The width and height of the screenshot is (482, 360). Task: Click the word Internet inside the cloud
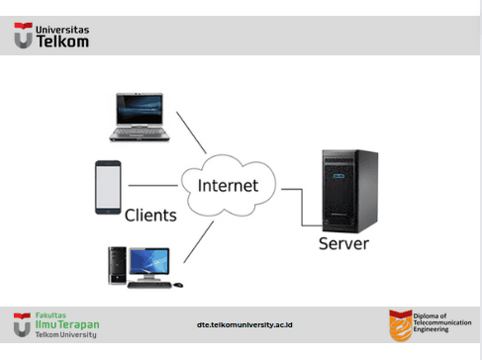point(228,186)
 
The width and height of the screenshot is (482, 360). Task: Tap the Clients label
point(150,216)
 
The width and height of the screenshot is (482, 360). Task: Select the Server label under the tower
point(343,243)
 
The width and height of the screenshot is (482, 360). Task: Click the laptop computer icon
point(140,118)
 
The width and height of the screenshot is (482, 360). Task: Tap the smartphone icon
point(108,187)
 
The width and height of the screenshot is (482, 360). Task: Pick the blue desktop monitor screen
point(149,261)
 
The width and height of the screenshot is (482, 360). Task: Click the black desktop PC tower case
point(117,265)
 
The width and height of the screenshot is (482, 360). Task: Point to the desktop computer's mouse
point(178,285)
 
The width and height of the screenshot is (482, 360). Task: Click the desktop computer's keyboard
point(149,285)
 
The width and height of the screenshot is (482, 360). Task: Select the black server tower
point(350,191)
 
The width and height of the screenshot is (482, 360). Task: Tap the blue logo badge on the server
point(338,176)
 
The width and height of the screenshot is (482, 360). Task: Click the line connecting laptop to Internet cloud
point(191,133)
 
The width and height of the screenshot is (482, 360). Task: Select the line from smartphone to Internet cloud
point(152,186)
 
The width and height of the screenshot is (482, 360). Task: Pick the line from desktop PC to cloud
point(199,242)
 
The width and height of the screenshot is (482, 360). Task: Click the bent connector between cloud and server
point(302,208)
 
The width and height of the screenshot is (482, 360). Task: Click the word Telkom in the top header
point(62,42)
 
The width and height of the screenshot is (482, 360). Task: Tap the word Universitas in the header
point(62,30)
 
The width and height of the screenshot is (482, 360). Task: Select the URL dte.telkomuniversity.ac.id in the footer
point(244,325)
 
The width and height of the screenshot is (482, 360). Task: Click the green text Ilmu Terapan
point(67,324)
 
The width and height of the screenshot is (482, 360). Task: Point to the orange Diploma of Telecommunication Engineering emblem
point(401,325)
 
